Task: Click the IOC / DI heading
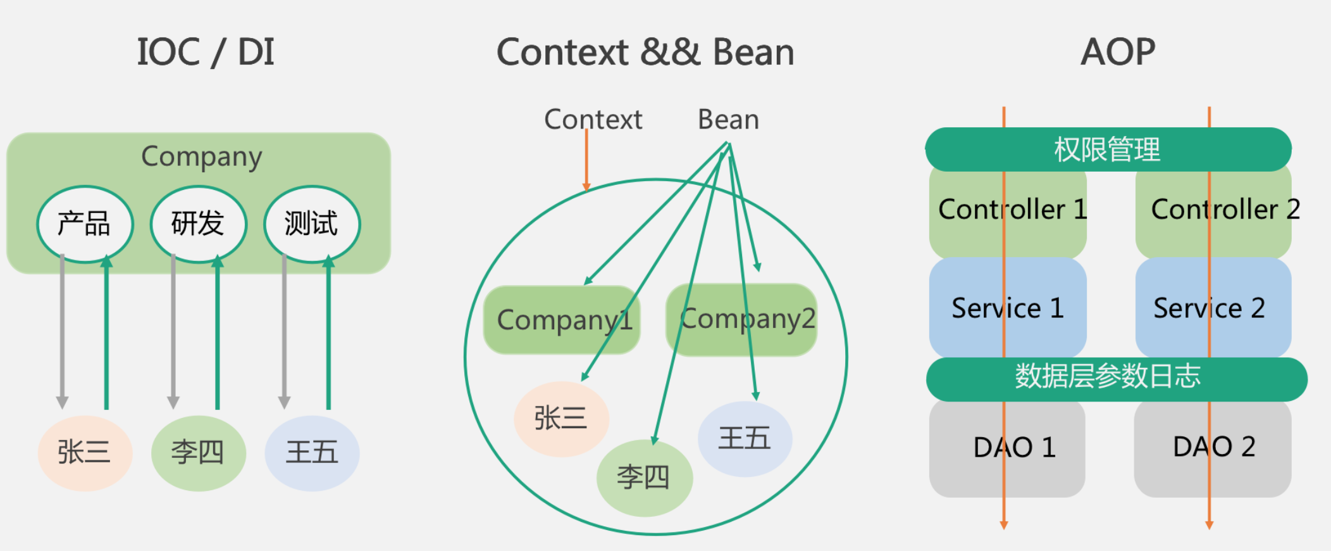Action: click(206, 52)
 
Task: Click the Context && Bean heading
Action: click(645, 52)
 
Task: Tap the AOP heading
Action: click(1118, 52)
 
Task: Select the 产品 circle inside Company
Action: click(85, 224)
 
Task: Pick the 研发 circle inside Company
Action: click(198, 224)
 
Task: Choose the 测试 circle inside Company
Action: click(311, 224)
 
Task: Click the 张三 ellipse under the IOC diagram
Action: click(85, 453)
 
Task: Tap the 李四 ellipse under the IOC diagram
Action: click(198, 453)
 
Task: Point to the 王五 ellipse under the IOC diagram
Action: click(312, 453)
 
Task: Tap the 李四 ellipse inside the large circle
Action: click(644, 478)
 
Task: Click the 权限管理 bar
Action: click(1108, 149)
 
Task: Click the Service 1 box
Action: click(1007, 308)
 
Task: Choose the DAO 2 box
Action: click(1213, 448)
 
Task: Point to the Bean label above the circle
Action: click(728, 120)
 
